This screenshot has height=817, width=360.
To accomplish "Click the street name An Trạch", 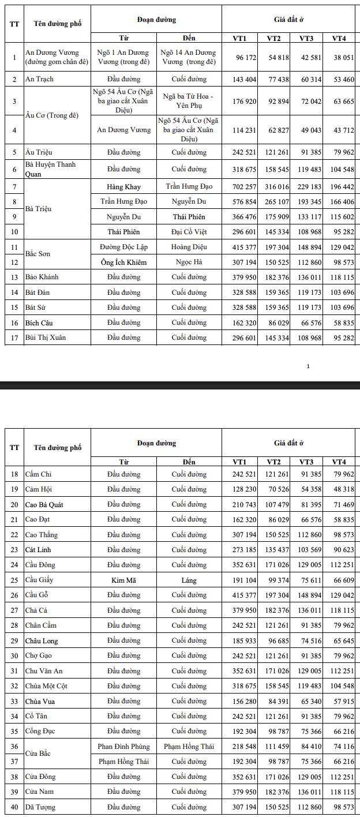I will tap(39, 79).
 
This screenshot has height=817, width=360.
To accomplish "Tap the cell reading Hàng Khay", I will tap(123, 187).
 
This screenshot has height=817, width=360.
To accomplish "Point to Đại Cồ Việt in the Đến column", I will tap(189, 232).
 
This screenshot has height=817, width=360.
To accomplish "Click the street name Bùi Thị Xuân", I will tap(46, 338).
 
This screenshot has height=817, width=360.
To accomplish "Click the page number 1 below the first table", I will tap(308, 366).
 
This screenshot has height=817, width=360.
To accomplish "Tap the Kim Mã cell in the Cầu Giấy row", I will tap(123, 580).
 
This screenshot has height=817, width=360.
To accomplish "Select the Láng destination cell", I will tap(189, 580).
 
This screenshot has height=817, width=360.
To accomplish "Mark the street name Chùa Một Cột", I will tap(46, 687).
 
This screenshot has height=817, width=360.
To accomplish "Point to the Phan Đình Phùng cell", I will tap(123, 747).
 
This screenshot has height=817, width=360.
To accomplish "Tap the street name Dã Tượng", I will tap(40, 807).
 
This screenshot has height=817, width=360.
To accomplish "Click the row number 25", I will tap(14, 580).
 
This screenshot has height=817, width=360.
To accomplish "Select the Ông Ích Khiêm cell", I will tap(123, 263).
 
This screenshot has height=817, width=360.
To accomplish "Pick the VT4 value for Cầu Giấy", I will tap(343, 580).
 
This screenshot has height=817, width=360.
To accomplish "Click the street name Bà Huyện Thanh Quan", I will tap(50, 169).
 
